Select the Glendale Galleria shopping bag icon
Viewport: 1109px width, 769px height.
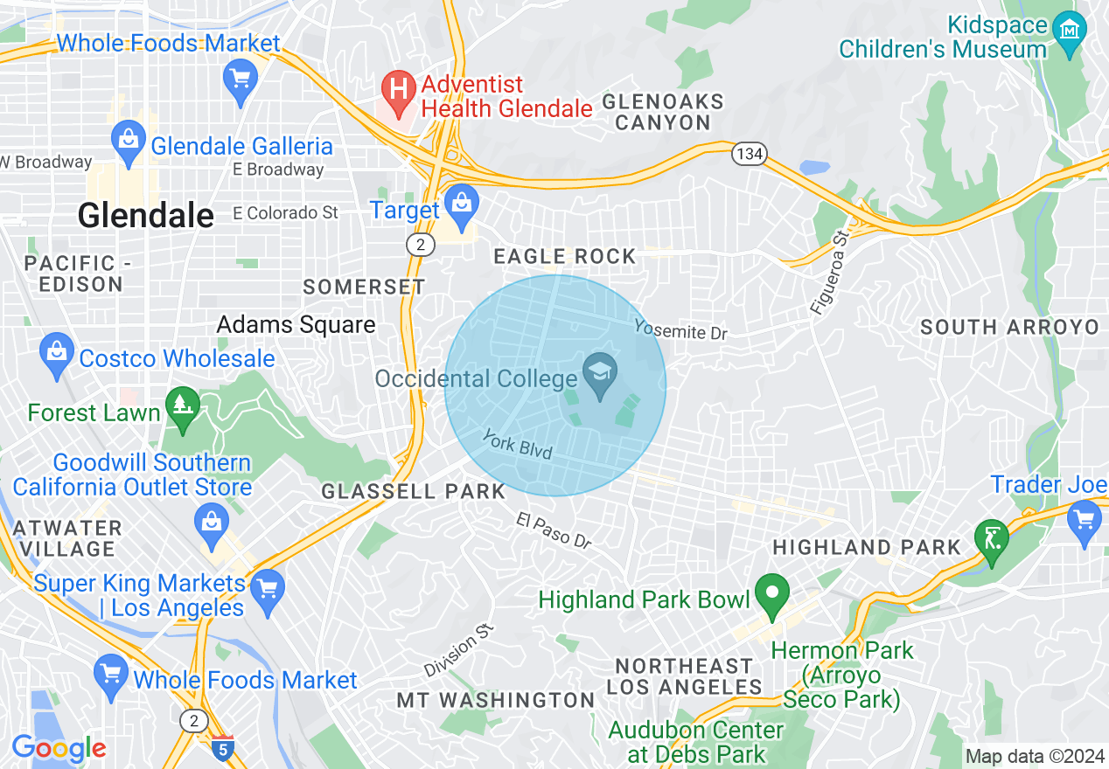[x=128, y=142]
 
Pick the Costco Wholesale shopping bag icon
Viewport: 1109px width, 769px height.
[x=56, y=355]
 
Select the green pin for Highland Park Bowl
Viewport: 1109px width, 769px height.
[x=771, y=595]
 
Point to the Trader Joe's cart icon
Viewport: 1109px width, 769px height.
[x=1085, y=523]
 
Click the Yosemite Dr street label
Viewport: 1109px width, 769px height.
[x=680, y=329]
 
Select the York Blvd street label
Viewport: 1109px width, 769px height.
[x=518, y=445]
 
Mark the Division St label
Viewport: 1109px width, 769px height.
[x=460, y=651]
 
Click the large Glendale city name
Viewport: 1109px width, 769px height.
[x=146, y=215]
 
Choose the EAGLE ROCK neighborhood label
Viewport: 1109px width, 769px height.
[x=565, y=256]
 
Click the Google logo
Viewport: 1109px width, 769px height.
[x=59, y=748]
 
